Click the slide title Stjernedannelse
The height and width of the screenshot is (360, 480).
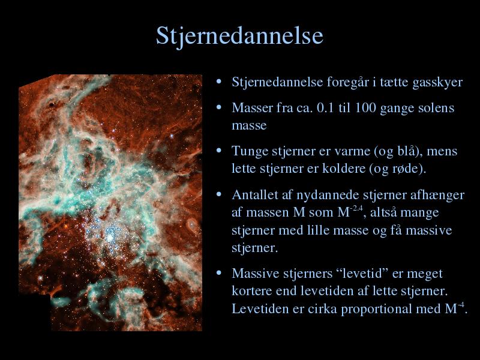239,37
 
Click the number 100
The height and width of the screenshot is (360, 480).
365,108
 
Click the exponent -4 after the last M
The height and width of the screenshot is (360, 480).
461,305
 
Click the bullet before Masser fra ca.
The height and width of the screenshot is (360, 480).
218,107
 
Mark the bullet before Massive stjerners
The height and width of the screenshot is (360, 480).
218,272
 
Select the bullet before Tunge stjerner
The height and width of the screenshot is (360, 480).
218,151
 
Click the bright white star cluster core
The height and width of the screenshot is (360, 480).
109,236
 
